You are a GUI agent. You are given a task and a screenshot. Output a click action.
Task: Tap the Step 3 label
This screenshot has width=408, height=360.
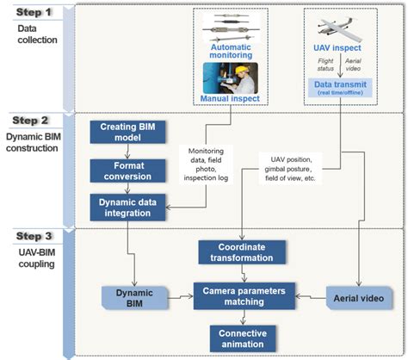tap(35, 234)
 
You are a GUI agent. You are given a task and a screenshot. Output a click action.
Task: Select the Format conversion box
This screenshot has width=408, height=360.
tap(128, 168)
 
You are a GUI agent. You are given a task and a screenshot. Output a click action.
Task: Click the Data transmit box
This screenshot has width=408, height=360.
tap(343, 89)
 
